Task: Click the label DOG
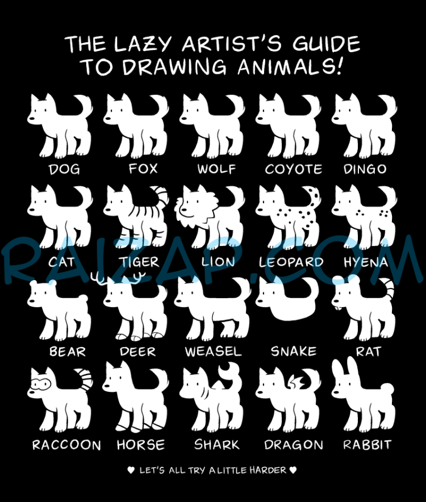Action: (x=64, y=169)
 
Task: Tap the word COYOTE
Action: (x=294, y=169)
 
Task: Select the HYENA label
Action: (x=366, y=262)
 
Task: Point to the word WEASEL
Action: (x=214, y=352)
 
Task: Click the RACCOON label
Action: (x=66, y=445)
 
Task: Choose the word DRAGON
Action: (x=294, y=445)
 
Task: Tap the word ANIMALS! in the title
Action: (x=290, y=66)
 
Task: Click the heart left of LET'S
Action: (x=131, y=470)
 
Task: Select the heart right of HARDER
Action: (x=293, y=470)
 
